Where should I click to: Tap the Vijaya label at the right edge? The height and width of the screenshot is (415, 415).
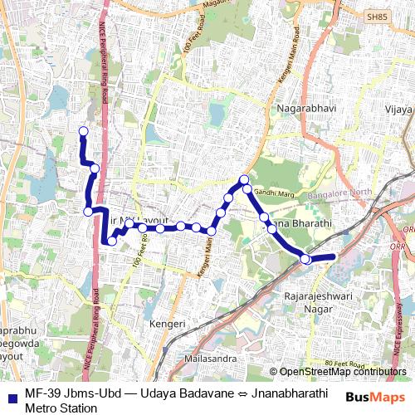point(398,109)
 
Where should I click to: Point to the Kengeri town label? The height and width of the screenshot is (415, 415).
point(165,321)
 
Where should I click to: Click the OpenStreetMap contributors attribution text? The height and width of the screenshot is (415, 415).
point(338,372)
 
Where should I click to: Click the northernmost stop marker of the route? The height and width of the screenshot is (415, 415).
point(83,131)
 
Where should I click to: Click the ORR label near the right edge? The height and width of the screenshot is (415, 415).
point(407,229)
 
